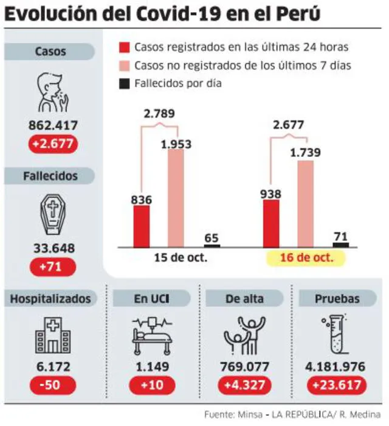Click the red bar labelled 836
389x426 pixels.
142,226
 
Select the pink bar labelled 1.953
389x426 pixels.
175,198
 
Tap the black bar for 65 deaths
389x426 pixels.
212,245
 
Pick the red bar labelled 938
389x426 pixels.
271,223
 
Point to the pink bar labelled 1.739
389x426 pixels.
305,204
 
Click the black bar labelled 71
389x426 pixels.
341,245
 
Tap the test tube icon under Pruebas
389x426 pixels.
336,335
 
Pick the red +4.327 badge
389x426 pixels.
243,385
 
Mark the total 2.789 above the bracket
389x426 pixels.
159,113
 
